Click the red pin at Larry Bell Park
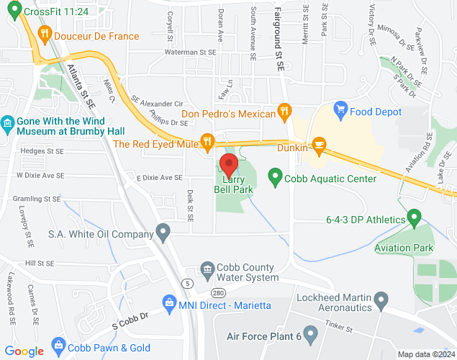[229, 163]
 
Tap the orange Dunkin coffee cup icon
[319, 146]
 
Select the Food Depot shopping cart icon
[340, 111]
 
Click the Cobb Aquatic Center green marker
[274, 176]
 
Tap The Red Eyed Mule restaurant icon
[208, 141]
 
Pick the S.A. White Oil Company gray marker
[164, 232]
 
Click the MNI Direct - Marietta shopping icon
[168, 301]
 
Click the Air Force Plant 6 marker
[310, 334]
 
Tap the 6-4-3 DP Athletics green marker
[414, 216]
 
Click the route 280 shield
[218, 292]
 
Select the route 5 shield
[186, 282]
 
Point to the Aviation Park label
[404, 248]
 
